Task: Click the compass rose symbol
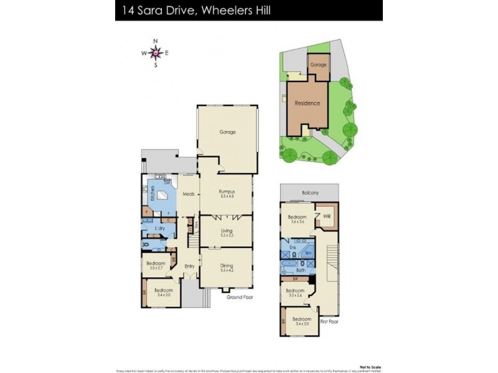(x=156, y=53)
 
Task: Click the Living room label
(x=225, y=231)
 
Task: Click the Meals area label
(x=189, y=195)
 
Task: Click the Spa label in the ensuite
(x=308, y=254)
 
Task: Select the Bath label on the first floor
(x=301, y=270)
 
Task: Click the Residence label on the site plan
(x=308, y=103)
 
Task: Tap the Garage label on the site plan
(x=318, y=64)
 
